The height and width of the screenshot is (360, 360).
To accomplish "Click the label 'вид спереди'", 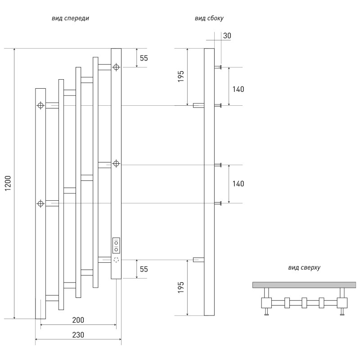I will (70, 18).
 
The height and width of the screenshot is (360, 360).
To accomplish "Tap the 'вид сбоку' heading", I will (209, 18).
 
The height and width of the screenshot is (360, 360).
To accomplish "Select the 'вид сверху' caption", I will (304, 267).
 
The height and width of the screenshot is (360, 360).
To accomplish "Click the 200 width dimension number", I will (78, 320).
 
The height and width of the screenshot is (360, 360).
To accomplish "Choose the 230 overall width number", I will (78, 335).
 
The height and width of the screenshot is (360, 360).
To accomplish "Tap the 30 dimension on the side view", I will (227, 36).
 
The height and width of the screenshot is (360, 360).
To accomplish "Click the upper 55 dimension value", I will (144, 58).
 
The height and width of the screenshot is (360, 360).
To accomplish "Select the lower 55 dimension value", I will (144, 269).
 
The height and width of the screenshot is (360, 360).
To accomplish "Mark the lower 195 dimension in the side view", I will (180, 288).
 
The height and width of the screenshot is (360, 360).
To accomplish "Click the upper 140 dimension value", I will (238, 89).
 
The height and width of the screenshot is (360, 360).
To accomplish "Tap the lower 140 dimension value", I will (238, 184).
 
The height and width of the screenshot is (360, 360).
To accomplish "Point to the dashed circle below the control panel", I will (116, 260).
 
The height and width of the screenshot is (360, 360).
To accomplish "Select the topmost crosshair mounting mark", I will (116, 67).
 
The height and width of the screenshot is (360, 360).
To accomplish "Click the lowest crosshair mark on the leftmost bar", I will (40, 204).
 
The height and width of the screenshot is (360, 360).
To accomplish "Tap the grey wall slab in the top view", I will (304, 284).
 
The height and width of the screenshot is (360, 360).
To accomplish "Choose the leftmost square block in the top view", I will (266, 302).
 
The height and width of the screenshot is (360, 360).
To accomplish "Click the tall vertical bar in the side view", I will (209, 180).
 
